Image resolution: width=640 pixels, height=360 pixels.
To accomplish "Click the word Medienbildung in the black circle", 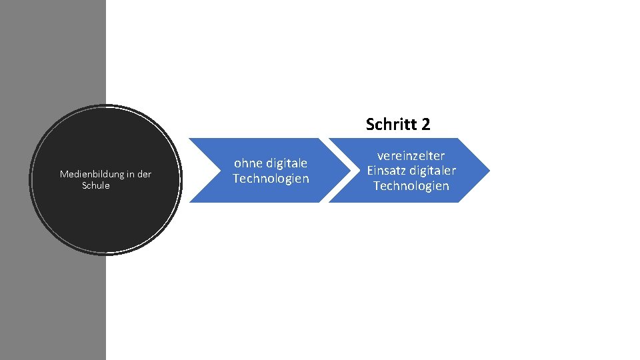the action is (x=89, y=175).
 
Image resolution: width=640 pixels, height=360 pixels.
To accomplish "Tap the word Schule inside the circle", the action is (x=96, y=185).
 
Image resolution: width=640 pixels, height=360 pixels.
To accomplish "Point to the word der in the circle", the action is (x=143, y=175).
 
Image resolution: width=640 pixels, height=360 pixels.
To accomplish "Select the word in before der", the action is (x=129, y=175).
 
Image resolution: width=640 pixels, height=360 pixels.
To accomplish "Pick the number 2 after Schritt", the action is (x=426, y=124).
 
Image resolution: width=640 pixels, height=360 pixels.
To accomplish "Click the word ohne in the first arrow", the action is (x=247, y=163).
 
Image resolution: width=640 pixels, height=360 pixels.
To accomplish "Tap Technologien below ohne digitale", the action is (x=271, y=179).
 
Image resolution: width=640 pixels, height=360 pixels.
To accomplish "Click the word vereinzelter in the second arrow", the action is (x=411, y=155).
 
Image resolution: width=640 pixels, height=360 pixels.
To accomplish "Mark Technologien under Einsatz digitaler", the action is (x=411, y=186).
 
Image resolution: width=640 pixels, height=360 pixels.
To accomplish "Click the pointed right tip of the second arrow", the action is (x=488, y=170).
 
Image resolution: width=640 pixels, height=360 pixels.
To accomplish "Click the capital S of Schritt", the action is (x=370, y=124).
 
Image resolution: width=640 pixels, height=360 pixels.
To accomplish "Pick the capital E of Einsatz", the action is (x=371, y=171).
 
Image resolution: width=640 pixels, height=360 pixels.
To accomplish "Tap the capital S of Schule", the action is (x=85, y=185).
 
